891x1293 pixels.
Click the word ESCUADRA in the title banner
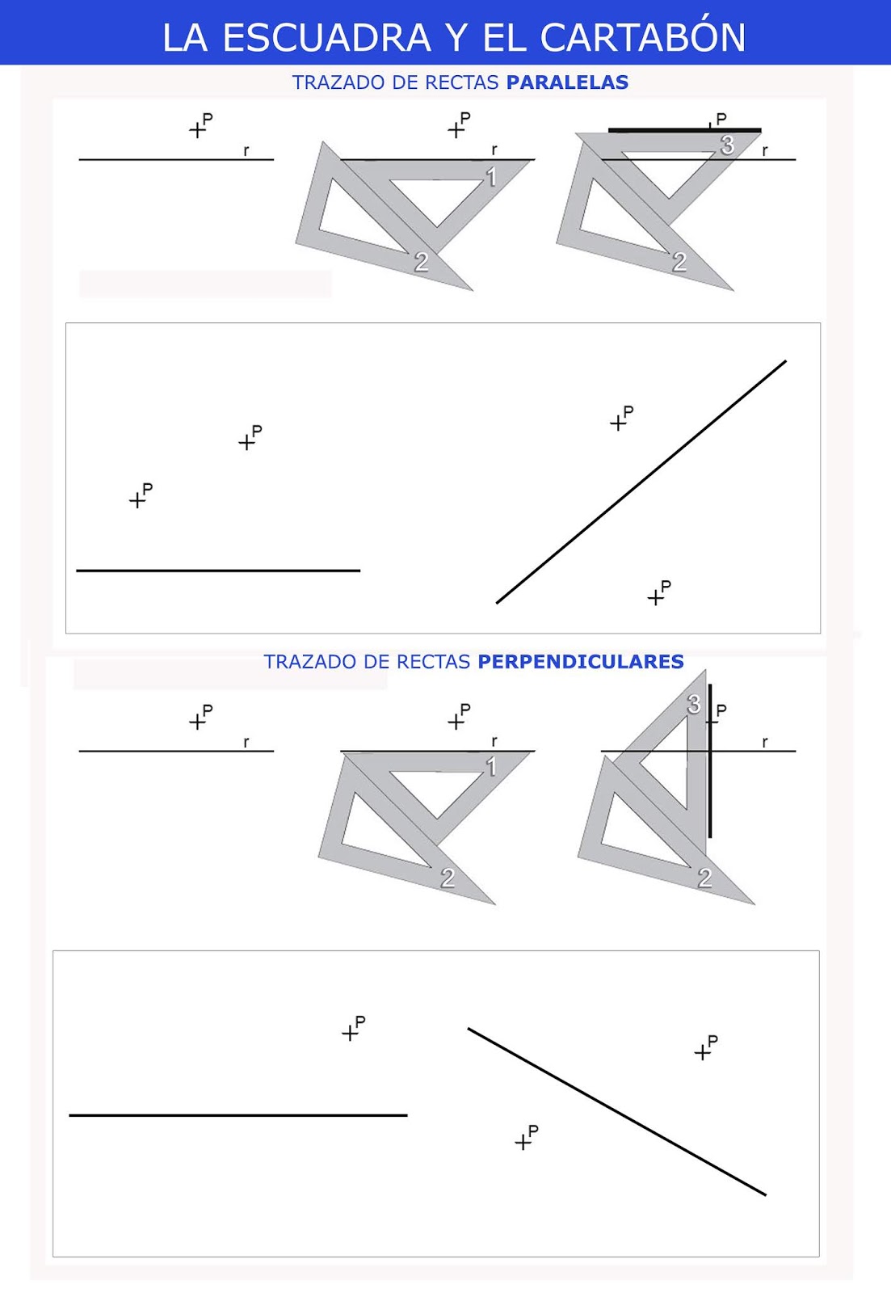click(326, 38)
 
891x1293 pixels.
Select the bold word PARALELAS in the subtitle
click(567, 82)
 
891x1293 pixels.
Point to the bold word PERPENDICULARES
click(581, 662)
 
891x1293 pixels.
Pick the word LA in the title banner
click(185, 38)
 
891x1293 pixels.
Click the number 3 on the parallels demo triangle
click(727, 145)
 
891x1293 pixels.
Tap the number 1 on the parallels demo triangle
click(491, 177)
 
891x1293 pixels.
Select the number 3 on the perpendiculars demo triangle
click(694, 704)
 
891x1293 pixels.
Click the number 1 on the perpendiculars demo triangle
click(491, 767)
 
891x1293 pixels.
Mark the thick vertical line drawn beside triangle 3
click(710, 760)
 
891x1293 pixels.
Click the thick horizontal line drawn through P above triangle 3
click(685, 130)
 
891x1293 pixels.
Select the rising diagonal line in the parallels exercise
click(641, 482)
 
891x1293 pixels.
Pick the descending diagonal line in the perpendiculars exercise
click(617, 1112)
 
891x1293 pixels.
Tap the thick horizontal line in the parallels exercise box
click(218, 571)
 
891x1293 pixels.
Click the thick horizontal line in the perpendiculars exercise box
click(238, 1116)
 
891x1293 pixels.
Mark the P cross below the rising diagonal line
click(656, 597)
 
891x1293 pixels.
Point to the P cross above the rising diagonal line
click(618, 423)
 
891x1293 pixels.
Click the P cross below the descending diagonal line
click(523, 1143)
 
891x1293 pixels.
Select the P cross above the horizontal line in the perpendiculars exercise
click(350, 1033)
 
